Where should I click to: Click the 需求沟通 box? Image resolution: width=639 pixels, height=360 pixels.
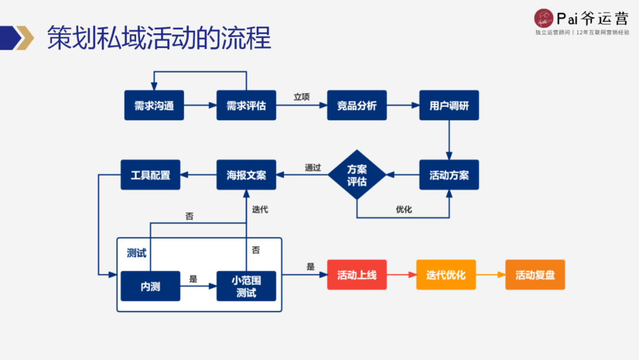click(154, 105)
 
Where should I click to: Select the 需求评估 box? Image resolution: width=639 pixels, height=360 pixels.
click(246, 105)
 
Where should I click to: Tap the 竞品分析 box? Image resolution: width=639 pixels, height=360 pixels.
click(357, 105)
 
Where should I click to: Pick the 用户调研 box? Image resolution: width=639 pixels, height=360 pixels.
click(449, 105)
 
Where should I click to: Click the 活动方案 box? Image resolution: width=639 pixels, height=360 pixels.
click(449, 175)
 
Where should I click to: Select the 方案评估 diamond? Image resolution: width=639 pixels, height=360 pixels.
click(357, 175)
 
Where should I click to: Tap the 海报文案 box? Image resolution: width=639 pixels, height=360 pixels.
click(246, 175)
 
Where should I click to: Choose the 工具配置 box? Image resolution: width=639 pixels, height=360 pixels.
click(150, 175)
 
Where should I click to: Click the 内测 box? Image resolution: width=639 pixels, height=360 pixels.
click(150, 286)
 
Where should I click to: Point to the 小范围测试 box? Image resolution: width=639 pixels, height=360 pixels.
click(246, 286)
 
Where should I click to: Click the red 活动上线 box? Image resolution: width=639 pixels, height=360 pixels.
click(357, 275)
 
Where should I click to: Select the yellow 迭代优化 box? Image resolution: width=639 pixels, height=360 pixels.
click(446, 275)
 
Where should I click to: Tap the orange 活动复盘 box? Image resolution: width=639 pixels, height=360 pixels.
click(535, 275)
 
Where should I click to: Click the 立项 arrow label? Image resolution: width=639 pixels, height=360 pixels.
click(302, 97)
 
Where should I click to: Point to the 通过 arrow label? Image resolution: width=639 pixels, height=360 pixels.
click(313, 168)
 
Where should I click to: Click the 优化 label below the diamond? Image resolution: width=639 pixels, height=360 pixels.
click(404, 209)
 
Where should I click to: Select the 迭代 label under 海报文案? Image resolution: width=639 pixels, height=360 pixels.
click(260, 209)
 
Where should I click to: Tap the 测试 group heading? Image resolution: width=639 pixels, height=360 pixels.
click(137, 253)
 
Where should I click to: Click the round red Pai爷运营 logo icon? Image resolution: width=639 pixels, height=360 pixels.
click(543, 17)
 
